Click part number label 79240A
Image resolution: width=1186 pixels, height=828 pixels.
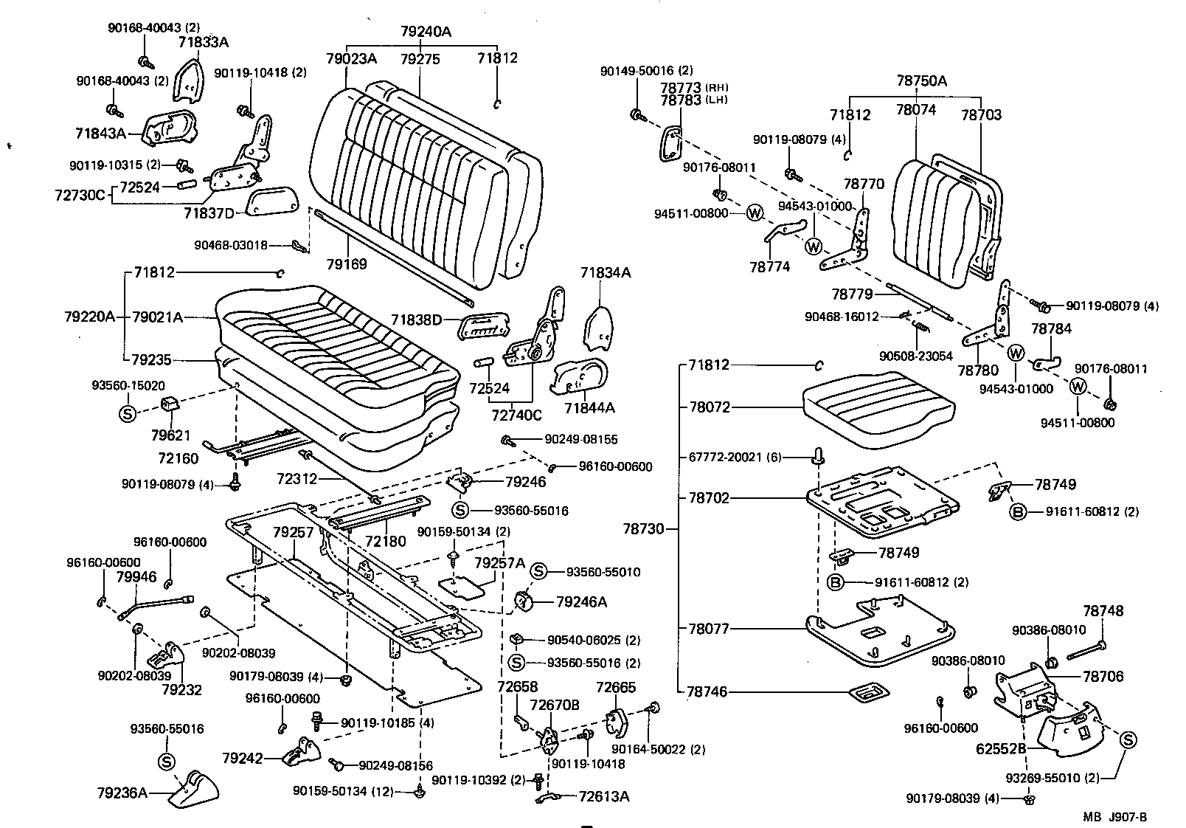tap(426, 32)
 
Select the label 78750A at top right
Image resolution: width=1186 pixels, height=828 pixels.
tap(921, 81)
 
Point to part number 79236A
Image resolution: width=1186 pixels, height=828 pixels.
tap(122, 793)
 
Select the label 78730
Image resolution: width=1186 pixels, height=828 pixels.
tap(643, 528)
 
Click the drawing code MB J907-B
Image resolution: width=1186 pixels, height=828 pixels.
tap(1114, 817)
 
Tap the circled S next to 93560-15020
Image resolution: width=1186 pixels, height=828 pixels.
tap(127, 413)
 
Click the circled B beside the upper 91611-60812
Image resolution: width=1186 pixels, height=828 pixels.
tap(1018, 511)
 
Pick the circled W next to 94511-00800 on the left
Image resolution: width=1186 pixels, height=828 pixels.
tap(755, 213)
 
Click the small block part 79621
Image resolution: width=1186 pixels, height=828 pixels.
tap(170, 404)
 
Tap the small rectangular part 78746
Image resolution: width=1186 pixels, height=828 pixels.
tap(867, 692)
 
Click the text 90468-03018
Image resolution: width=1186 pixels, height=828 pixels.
tap(231, 245)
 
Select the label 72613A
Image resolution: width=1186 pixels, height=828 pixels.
tap(604, 796)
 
